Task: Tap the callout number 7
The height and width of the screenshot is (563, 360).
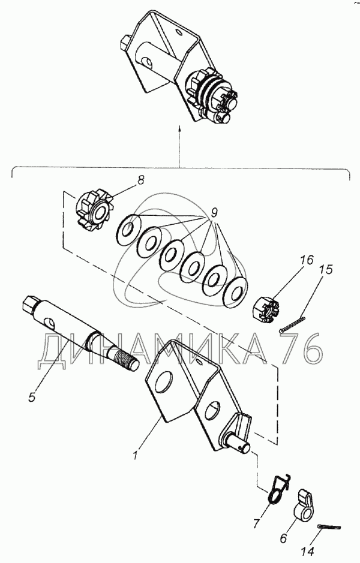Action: coord(256,524)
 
